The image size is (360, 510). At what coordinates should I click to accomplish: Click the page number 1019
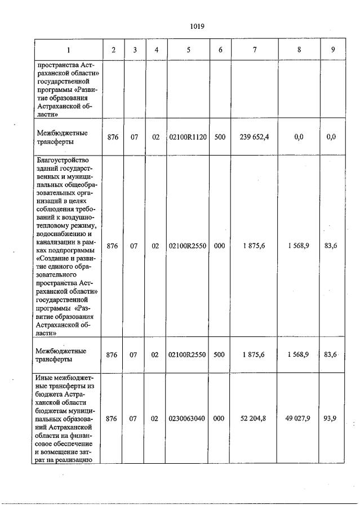click(197, 26)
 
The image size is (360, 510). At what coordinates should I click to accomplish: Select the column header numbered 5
click(188, 50)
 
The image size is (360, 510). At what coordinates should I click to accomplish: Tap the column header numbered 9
click(333, 50)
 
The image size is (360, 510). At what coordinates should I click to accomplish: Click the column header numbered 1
click(68, 50)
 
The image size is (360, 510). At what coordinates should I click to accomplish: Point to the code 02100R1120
click(188, 137)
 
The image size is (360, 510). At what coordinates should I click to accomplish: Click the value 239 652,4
click(254, 137)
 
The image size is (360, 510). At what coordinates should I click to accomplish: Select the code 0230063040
click(188, 419)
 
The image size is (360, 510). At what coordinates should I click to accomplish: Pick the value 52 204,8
click(254, 419)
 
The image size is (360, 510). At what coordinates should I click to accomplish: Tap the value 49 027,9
click(299, 419)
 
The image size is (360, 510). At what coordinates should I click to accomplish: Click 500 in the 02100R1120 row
click(220, 137)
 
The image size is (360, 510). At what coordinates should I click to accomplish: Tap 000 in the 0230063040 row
click(220, 419)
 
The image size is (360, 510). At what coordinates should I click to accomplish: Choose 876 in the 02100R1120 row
click(113, 137)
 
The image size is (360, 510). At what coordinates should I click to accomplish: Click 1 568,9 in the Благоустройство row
click(299, 245)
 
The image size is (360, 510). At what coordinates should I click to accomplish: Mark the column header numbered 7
click(255, 50)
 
